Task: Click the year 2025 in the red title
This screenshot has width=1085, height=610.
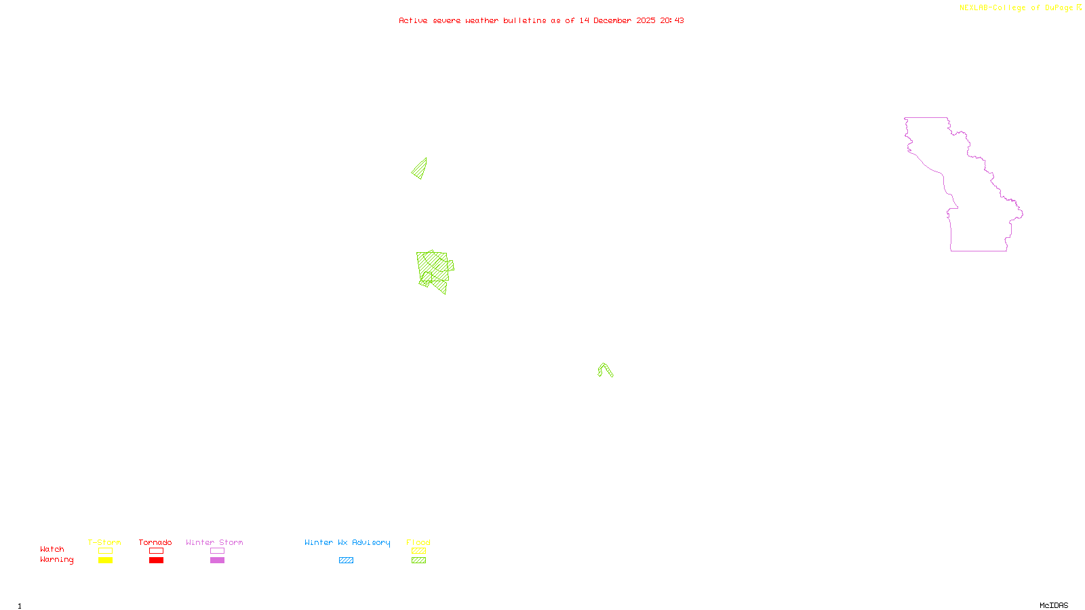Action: [x=646, y=20]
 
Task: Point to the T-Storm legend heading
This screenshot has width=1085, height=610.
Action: [x=104, y=542]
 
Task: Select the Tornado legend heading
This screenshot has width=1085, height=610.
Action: [x=155, y=542]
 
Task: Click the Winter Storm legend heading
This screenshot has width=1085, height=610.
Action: [x=214, y=542]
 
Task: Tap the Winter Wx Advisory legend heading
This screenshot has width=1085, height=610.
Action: [x=347, y=542]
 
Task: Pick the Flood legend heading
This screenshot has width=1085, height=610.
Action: [x=418, y=542]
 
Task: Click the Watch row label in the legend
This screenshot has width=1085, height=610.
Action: [x=52, y=550]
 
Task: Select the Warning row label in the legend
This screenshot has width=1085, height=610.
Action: [x=56, y=560]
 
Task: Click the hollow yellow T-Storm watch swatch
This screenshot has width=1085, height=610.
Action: [x=105, y=551]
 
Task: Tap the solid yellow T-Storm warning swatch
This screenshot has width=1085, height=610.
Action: [x=105, y=561]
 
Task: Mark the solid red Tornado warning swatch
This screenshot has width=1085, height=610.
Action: [x=156, y=561]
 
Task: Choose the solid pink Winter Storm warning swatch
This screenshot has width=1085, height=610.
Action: [x=217, y=561]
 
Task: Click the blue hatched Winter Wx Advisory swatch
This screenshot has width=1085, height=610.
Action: [x=346, y=561]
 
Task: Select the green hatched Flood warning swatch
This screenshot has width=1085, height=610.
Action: [x=419, y=561]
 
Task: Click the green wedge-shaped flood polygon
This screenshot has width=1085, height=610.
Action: [x=420, y=169]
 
